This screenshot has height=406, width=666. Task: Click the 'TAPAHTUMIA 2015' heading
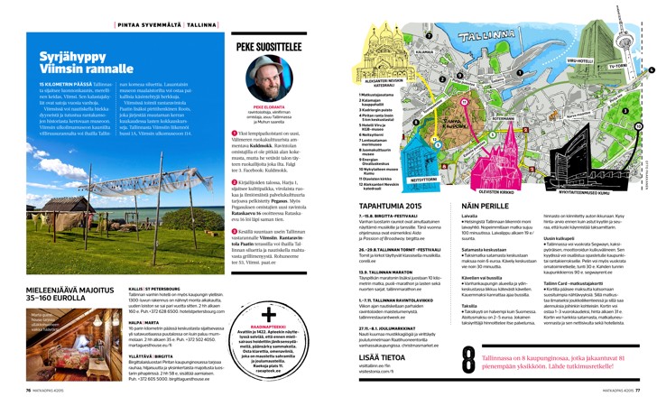tap(391, 207)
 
